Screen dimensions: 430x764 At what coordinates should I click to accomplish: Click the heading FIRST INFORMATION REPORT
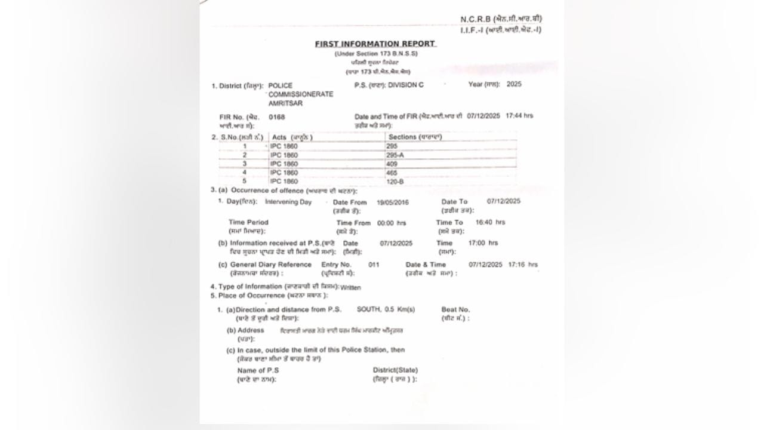click(x=375, y=44)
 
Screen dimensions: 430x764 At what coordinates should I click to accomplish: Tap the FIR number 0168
click(x=277, y=118)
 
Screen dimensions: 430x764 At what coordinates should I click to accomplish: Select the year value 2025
click(x=513, y=84)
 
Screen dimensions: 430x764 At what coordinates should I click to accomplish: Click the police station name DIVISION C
click(x=405, y=85)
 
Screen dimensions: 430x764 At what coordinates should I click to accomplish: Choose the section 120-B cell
click(x=395, y=181)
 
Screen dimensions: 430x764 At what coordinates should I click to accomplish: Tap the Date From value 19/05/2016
click(x=393, y=203)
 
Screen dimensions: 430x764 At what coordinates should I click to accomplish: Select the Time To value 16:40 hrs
click(x=490, y=222)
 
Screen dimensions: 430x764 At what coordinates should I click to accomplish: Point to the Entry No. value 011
click(x=374, y=264)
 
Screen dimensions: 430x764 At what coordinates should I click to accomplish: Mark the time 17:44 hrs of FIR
click(x=519, y=115)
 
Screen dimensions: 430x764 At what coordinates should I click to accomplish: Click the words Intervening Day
click(x=288, y=202)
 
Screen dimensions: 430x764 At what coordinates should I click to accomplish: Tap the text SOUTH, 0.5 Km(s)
click(x=386, y=309)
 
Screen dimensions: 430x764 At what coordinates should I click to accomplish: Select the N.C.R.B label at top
click(x=475, y=19)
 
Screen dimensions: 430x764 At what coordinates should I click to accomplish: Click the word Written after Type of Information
click(x=350, y=287)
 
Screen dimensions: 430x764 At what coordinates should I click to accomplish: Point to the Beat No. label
click(x=455, y=309)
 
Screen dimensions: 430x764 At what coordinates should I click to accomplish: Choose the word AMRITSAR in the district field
click(x=285, y=103)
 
